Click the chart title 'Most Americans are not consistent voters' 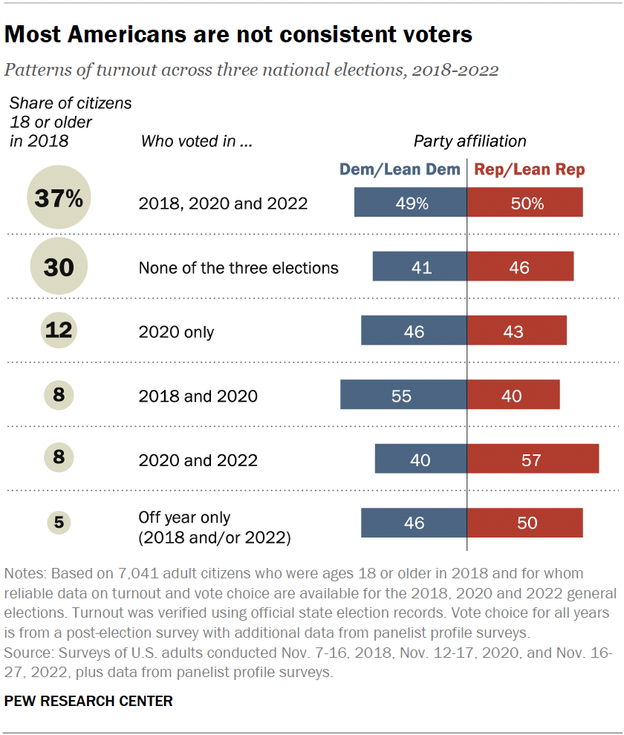tap(238, 34)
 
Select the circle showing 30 tap(59, 267)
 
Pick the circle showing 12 tap(59, 330)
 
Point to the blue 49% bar tap(410, 203)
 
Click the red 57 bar tap(533, 459)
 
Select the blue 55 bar tap(403, 395)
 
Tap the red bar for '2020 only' tap(516, 330)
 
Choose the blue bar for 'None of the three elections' tap(420, 267)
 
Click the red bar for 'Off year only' tap(524, 523)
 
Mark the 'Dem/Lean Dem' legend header tap(400, 169)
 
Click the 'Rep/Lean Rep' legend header tap(529, 169)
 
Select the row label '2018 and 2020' tap(198, 396)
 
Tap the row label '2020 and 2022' tap(198, 460)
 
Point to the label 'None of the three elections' tap(238, 267)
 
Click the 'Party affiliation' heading tap(469, 141)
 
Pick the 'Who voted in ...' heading tap(197, 141)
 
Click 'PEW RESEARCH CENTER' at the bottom tap(88, 701)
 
